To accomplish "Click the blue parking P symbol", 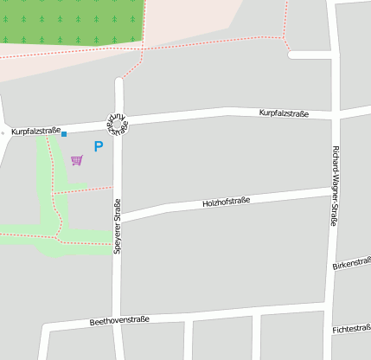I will pos(98,147).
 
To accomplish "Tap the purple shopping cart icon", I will pos(77,160).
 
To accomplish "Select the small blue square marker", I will pos(64,133).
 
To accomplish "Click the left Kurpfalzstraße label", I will pos(35,132).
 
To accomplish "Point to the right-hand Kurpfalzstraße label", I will pos(285,113).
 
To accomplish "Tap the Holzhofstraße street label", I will pos(226,201).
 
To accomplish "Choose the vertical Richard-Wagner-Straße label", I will pos(335,186).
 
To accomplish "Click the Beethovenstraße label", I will pos(119,320).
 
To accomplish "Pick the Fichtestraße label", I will pos(351,329).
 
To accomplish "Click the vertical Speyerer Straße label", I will pos(118,226).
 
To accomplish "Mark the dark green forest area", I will pos(69,21).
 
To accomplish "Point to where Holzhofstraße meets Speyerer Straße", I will pos(119,219).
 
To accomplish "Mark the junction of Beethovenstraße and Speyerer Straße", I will pos(121,324).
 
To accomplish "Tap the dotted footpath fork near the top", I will pos(283,37).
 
